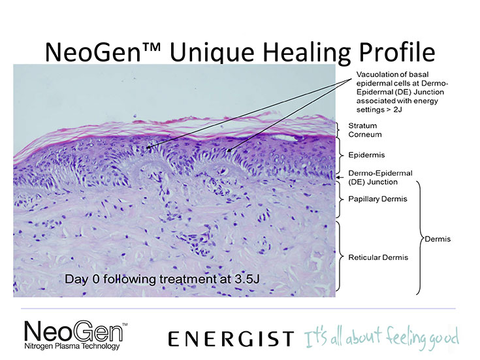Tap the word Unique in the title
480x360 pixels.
212,52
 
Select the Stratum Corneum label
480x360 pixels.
365,130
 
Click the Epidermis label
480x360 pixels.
366,155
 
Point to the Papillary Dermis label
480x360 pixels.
377,199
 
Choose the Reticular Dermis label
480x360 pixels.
378,257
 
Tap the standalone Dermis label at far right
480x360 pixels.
438,239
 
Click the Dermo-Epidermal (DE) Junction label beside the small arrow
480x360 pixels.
380,178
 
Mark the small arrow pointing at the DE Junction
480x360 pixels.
340,177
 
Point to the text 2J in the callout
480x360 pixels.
398,110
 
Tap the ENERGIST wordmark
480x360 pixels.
231,338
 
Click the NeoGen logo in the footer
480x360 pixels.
73,331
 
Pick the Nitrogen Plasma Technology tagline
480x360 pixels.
72,346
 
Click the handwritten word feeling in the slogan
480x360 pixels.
406,337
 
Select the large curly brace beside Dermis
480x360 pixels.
420,238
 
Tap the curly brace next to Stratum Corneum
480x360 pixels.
338,130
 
